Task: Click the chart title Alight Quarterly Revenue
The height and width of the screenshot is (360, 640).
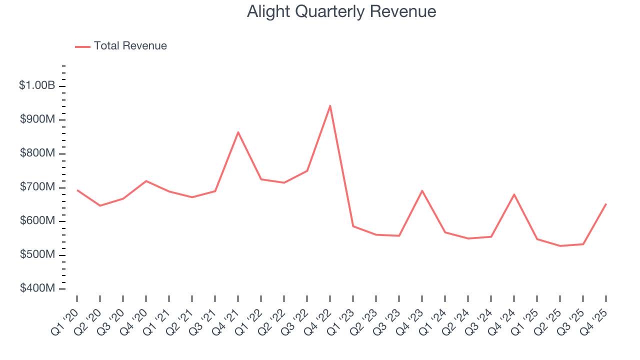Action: click(341, 11)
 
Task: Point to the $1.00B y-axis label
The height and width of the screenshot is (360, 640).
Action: click(37, 86)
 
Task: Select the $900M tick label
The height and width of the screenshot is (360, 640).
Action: click(38, 119)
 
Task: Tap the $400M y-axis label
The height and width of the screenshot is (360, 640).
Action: click(38, 288)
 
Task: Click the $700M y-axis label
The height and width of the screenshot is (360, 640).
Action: click(38, 187)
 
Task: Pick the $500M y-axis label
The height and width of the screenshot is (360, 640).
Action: click(38, 255)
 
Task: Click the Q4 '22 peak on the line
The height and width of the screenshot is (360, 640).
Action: click(330, 106)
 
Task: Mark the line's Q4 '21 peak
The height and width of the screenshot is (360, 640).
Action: click(238, 132)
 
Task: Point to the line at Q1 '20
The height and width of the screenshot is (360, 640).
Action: click(77, 190)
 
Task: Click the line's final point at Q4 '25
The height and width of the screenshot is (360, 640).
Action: click(606, 204)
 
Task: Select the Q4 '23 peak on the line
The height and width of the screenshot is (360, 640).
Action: click(422, 190)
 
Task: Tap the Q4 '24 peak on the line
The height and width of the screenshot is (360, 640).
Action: click(514, 194)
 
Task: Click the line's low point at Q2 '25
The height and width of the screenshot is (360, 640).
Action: click(560, 246)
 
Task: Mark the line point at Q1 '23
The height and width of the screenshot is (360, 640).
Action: click(353, 226)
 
